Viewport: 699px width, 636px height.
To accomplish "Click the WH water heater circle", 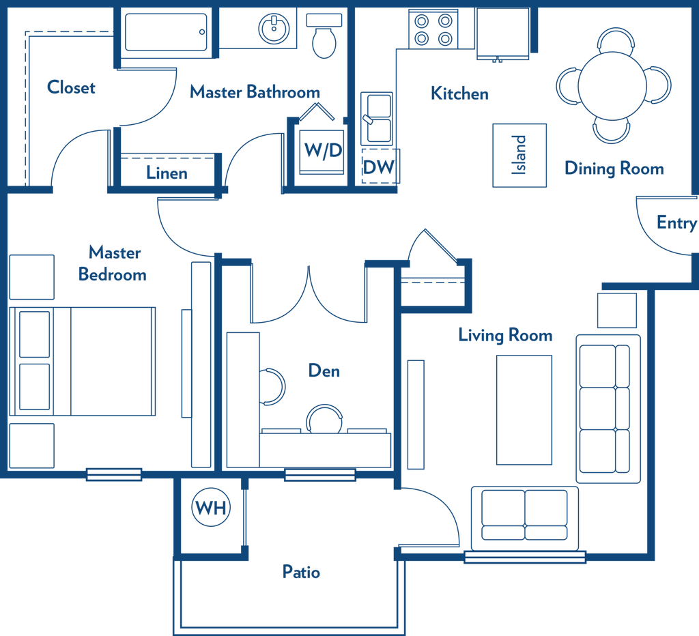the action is tap(211, 507).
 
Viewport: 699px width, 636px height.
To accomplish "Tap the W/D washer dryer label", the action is tap(323, 150).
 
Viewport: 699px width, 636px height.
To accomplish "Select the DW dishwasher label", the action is tap(378, 167).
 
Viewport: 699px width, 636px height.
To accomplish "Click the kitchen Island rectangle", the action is tap(519, 155).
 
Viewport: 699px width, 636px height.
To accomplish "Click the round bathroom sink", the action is tap(274, 29).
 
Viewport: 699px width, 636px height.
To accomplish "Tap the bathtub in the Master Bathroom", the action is tap(166, 32).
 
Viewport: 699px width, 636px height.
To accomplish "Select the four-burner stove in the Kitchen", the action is tap(433, 29).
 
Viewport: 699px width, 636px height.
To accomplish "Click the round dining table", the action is tap(612, 86).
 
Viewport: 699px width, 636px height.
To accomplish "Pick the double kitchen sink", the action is tap(377, 118).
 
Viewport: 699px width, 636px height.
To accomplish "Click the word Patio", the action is tap(301, 572).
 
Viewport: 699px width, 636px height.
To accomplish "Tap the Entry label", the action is tap(676, 222).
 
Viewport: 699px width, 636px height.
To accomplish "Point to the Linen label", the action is tap(167, 173).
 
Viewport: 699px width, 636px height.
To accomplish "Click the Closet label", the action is tap(71, 87).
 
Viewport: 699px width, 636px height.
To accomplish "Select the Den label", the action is tap(324, 371).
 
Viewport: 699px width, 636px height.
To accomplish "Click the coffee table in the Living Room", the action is tap(524, 410).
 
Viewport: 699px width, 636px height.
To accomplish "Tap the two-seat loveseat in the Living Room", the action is tap(525, 519).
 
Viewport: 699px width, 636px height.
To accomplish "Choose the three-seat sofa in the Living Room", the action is tap(608, 409).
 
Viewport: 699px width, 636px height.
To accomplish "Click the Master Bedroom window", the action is tap(114, 474).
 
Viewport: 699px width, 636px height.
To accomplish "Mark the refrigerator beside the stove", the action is tap(503, 33).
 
